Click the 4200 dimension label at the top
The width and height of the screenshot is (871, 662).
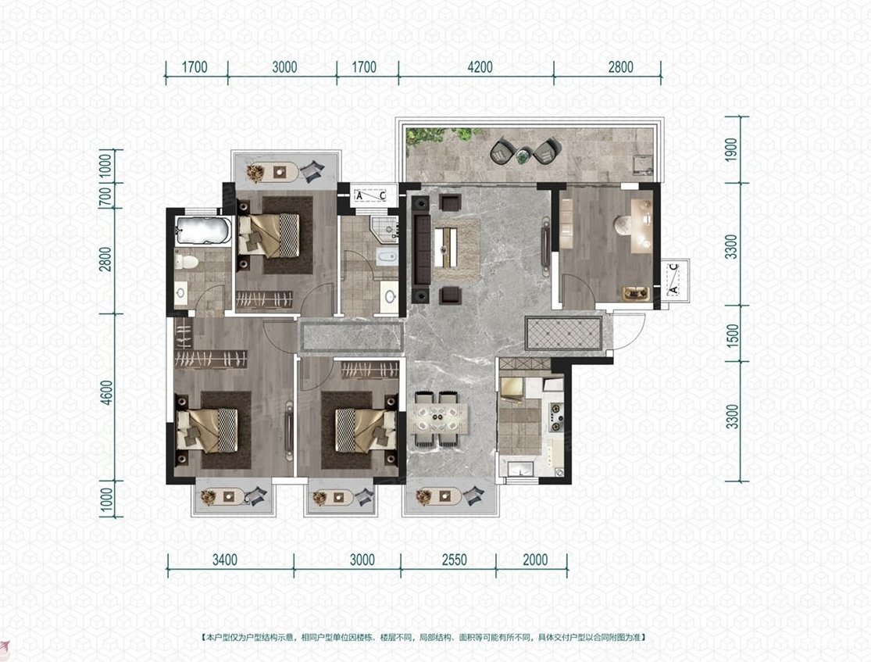480,67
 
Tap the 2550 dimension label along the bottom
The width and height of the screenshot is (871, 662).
454,560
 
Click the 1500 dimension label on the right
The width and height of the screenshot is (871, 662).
732,337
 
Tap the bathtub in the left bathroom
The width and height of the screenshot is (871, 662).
203,231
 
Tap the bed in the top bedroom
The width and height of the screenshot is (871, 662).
269,235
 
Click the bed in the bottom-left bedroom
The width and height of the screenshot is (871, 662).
207,430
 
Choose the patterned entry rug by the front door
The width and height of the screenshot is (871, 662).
563,334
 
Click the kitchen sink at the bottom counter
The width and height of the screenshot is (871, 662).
521,469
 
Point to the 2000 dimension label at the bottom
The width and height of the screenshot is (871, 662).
535,560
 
